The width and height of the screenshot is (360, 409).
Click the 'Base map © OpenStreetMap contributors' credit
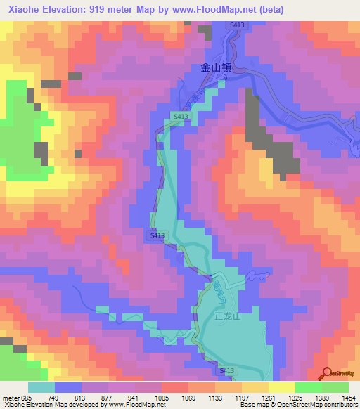(297, 405)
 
